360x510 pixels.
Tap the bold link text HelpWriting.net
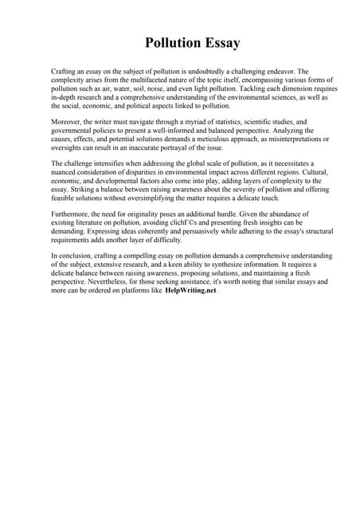tap(190, 291)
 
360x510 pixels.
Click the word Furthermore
tap(72, 214)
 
